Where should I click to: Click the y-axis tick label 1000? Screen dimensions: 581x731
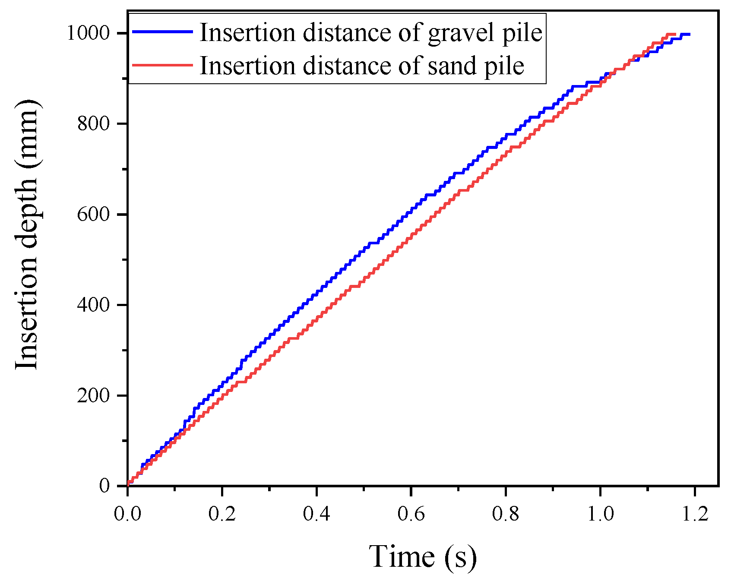pyautogui.click(x=94, y=33)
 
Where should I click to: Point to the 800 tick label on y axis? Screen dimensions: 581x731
pyautogui.click(x=98, y=124)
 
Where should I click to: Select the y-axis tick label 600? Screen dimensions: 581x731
pyautogui.click(x=98, y=215)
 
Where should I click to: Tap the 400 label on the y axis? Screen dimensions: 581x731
pyautogui.click(x=98, y=305)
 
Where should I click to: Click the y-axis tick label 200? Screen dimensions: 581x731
pyautogui.click(x=98, y=396)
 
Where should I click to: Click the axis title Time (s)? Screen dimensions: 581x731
pyautogui.click(x=423, y=556)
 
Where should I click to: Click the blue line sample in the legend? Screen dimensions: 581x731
pyautogui.click(x=162, y=32)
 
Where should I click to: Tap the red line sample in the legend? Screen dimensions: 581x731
pyautogui.click(x=162, y=65)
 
